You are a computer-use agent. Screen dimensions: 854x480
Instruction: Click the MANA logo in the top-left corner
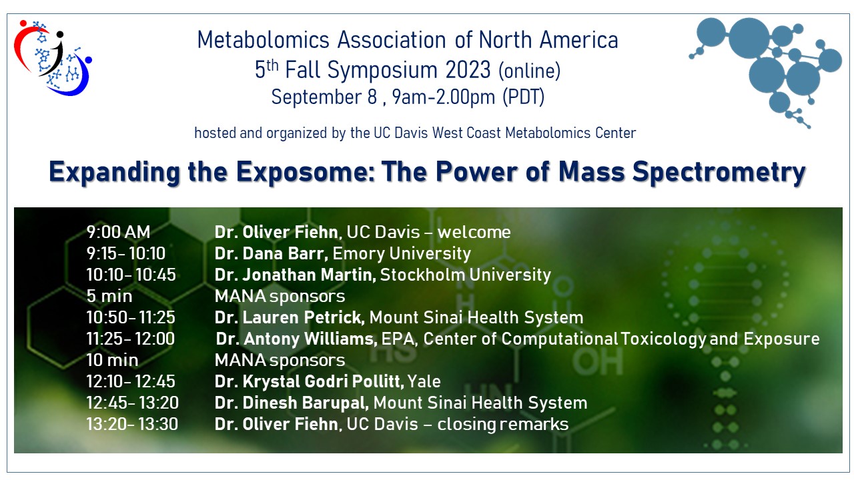tap(53, 57)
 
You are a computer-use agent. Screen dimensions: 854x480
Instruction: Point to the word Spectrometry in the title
tap(719, 172)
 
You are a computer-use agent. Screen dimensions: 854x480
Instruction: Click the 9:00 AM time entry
tap(119, 232)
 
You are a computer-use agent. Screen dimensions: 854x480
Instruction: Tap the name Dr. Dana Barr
tap(271, 253)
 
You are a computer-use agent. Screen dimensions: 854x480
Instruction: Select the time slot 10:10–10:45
tap(131, 275)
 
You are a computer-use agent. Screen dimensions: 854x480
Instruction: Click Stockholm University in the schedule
tap(466, 275)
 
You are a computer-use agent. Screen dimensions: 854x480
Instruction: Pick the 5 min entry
tap(109, 296)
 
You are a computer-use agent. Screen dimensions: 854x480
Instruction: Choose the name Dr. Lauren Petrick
tap(290, 317)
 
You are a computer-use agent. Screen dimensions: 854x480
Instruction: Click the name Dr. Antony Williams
tap(297, 339)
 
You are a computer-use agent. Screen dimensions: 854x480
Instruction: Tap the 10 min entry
tap(113, 360)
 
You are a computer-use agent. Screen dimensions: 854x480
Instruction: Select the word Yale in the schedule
tap(424, 381)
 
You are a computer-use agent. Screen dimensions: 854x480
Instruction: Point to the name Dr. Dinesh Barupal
tap(292, 403)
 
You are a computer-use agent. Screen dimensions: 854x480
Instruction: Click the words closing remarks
tap(503, 425)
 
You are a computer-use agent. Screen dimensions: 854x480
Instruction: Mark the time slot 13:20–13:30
tap(132, 424)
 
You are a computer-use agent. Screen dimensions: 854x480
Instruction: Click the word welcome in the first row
tap(474, 232)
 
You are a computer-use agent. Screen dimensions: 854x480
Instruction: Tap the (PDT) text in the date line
tap(524, 97)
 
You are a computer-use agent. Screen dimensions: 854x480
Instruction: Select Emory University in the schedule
tap(402, 254)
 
